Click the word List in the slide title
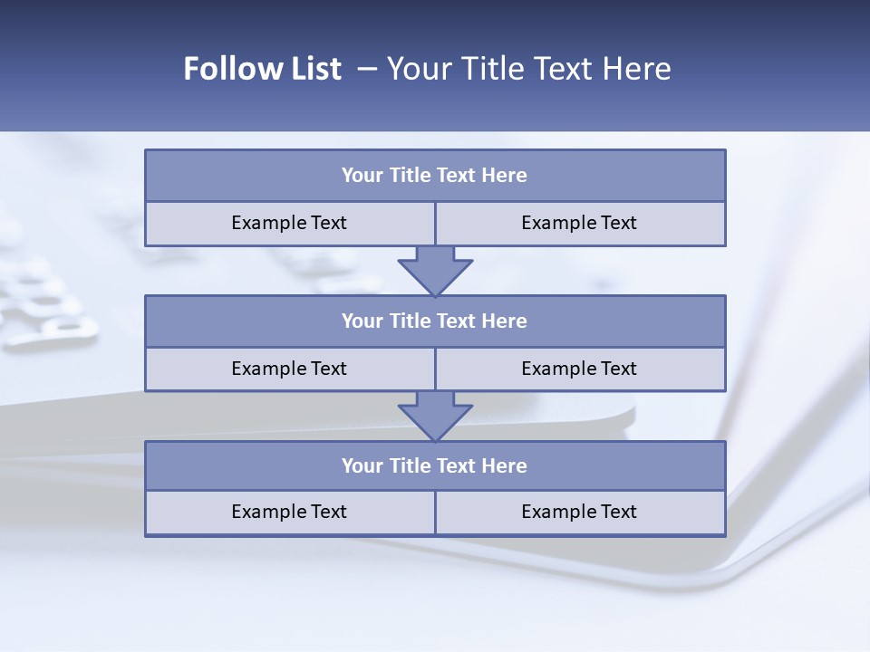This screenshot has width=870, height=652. tap(312, 69)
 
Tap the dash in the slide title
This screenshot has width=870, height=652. tap(367, 69)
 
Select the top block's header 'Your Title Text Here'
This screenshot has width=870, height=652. tap(434, 176)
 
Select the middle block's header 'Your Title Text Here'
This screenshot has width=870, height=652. tap(434, 321)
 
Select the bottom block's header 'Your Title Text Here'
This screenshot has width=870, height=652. tap(434, 465)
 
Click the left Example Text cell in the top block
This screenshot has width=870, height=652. tap(289, 223)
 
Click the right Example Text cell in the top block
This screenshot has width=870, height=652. tap(579, 223)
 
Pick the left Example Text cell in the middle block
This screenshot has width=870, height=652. tap(289, 369)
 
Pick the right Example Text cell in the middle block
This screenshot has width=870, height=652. tap(579, 369)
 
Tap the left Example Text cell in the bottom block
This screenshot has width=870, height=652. tap(289, 512)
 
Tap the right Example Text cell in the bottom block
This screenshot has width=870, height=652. tap(579, 512)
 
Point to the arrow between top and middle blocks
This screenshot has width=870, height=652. tap(435, 270)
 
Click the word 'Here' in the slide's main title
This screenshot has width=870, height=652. tap(639, 69)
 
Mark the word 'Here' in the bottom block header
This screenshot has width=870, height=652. tap(504, 465)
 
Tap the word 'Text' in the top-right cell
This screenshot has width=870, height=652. tap(618, 223)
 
